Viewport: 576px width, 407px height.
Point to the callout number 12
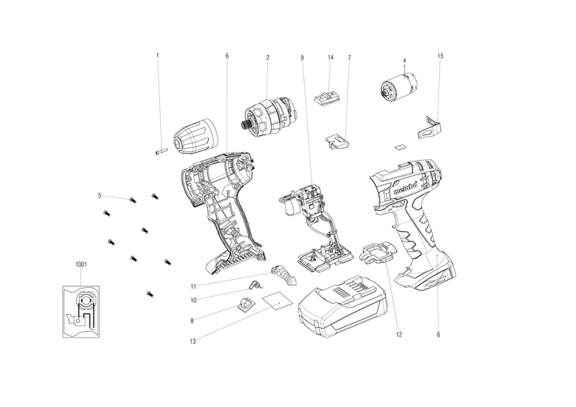pyautogui.click(x=397, y=334)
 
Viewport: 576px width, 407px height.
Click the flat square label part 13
pyautogui.click(x=273, y=301)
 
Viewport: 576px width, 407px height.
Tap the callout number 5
pyautogui.click(x=100, y=195)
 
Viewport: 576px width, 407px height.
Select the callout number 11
pyautogui.click(x=193, y=285)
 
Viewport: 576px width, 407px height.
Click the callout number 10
pyautogui.click(x=193, y=301)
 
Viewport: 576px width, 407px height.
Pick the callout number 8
pyautogui.click(x=193, y=321)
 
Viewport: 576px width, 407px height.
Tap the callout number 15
pyautogui.click(x=440, y=56)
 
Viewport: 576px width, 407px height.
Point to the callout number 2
pyautogui.click(x=267, y=57)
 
